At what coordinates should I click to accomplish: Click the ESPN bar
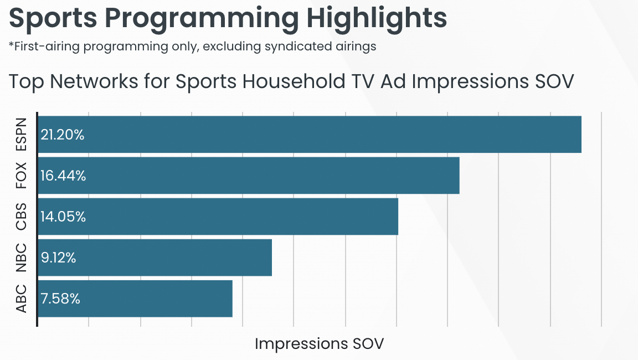pos(310,135)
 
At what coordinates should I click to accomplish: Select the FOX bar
pos(249,176)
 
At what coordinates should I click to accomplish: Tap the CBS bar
pos(218,217)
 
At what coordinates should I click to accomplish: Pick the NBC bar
pos(155,258)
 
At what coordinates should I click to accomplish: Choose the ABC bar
pos(135,299)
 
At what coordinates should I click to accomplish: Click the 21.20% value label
pos(62,135)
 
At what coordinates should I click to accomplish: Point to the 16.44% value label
pos(63,176)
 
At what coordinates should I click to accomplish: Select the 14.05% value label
pos(63,217)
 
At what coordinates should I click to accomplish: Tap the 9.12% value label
pos(58,258)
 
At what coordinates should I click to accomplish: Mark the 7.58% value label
pos(60,299)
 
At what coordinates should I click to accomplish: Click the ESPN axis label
pos(20,135)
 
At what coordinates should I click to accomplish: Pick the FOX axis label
pos(20,176)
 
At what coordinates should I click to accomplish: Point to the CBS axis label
pos(20,217)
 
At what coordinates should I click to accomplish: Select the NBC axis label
pos(20,258)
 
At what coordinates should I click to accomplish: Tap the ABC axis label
pos(20,299)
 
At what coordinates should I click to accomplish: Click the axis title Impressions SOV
pos(320,344)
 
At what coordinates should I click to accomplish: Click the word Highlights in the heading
pos(377,18)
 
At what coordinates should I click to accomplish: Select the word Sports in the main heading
pos(53,18)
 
